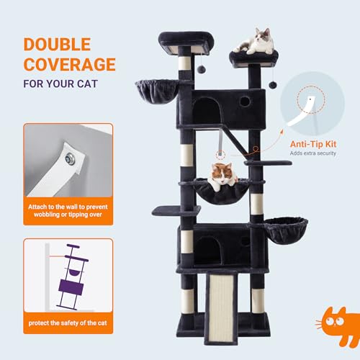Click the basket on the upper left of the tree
[x=153, y=91]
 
